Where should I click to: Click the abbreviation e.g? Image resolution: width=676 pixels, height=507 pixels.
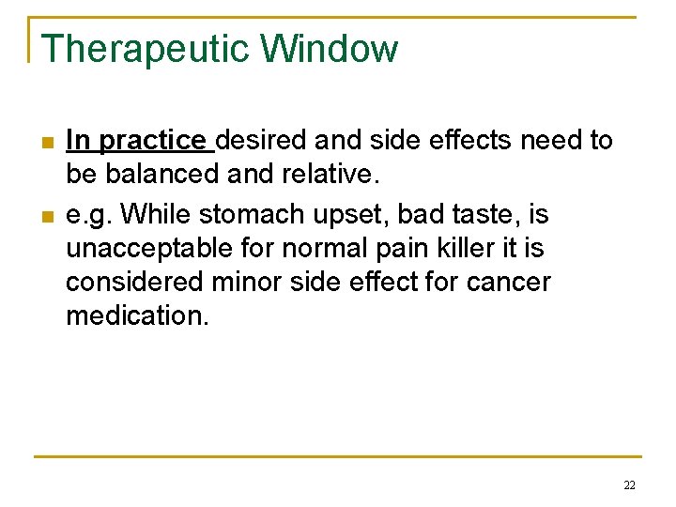89,215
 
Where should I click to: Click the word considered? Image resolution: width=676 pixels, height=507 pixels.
132,282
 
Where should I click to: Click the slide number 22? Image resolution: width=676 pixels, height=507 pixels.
628,485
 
